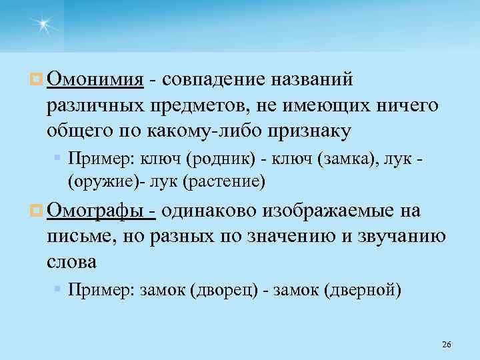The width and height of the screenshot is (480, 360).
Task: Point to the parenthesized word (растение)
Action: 224,180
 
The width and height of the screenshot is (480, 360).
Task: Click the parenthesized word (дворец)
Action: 225,291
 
